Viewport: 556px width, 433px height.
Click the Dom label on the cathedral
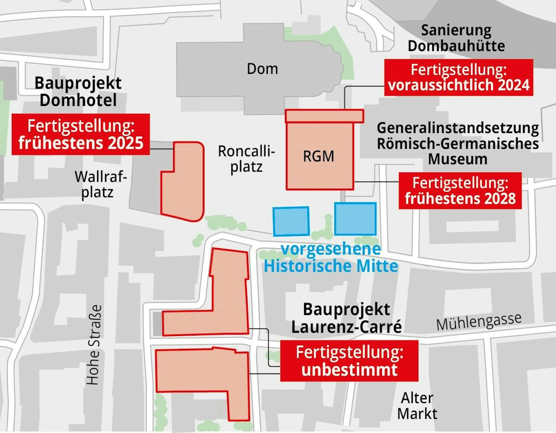tap(262, 69)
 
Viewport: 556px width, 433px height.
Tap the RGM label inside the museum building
tap(319, 156)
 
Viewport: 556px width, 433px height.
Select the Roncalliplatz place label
tap(246, 159)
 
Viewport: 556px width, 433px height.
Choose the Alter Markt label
tap(417, 406)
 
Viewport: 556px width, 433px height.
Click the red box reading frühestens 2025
tap(81, 134)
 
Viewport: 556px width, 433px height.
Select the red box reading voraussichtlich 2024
tap(459, 77)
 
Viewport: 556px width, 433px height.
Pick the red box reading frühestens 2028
tap(460, 191)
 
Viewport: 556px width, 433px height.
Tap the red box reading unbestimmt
tap(349, 361)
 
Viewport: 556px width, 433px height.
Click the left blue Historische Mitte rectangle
tap(291, 221)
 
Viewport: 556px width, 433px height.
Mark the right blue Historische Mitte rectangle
tap(355, 219)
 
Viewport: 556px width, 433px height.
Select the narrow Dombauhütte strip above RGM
tap(324, 116)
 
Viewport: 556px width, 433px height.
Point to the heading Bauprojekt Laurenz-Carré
tap(346, 318)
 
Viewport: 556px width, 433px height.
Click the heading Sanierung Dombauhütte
tap(456, 38)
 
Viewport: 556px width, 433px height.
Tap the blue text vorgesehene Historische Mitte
tap(331, 257)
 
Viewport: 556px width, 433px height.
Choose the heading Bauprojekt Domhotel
tap(78, 91)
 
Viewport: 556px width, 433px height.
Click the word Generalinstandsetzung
tap(458, 128)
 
